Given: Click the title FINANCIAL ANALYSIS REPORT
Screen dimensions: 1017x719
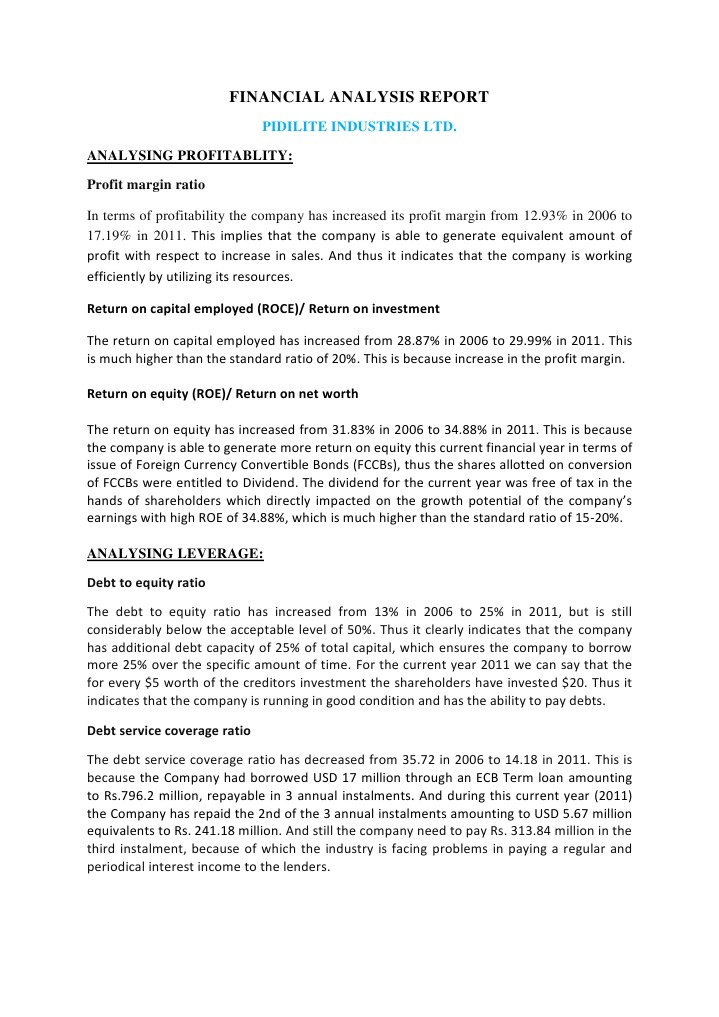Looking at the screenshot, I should point(359,97).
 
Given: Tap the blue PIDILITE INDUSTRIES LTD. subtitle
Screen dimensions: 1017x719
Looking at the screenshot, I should point(359,128).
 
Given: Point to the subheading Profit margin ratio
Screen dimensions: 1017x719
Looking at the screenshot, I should point(146,185).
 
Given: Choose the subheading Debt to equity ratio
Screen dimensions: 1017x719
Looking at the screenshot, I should point(147,582).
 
